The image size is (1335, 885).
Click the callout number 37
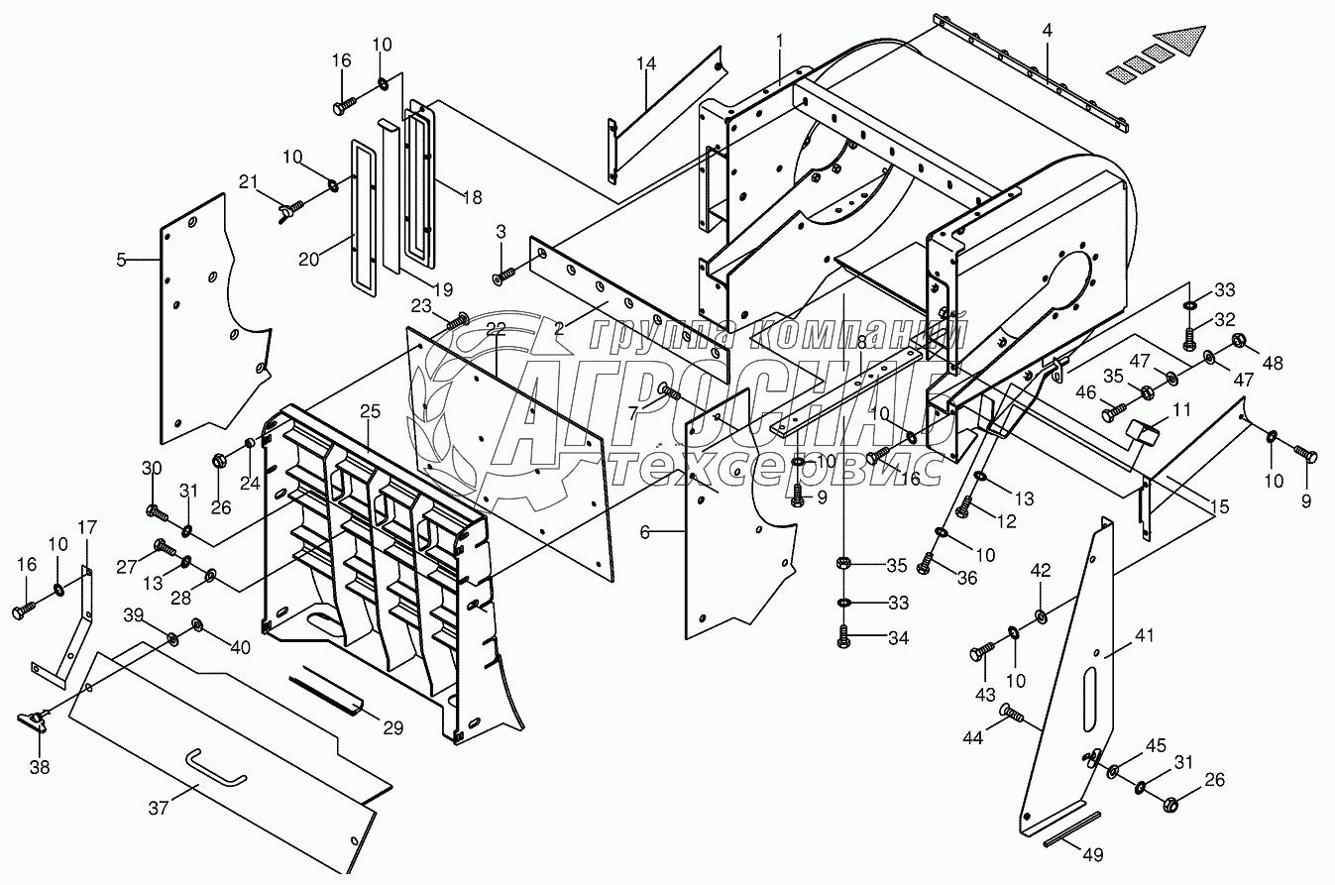[159, 808]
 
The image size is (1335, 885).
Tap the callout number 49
[1092, 855]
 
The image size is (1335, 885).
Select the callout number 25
[370, 411]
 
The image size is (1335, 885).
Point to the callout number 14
[645, 63]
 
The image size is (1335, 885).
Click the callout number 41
[1145, 635]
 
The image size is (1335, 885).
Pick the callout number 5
[121, 260]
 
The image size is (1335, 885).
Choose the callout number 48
[1273, 363]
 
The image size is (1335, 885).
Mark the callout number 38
[40, 768]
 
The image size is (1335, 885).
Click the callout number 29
[393, 727]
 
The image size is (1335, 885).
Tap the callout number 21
[249, 181]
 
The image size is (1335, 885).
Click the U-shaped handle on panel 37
[216, 769]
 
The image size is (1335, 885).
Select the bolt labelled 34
[843, 636]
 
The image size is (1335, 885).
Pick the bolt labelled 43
[983, 651]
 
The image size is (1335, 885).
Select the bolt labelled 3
[503, 276]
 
